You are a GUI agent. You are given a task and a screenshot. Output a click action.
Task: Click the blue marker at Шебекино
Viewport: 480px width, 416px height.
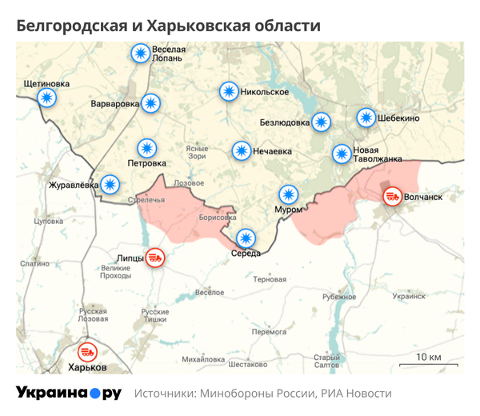pos(366,118)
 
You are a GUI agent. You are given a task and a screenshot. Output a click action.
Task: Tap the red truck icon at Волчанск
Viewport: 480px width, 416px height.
pos(392,196)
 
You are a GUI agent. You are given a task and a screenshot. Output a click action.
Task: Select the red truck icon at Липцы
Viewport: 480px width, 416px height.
pos(156,258)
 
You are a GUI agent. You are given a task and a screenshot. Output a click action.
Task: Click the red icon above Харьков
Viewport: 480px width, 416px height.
pos(87,351)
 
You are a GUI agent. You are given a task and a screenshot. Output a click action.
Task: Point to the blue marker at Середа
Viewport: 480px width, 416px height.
pos(246,238)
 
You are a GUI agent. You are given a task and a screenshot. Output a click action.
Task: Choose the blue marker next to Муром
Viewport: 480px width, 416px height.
pos(287,194)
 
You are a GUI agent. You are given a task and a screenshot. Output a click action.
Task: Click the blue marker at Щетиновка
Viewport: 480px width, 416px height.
pos(46,98)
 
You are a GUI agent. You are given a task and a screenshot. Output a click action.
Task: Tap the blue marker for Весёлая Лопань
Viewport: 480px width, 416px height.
pos(141,54)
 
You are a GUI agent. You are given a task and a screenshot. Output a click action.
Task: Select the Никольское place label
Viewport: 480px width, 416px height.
pos(265,92)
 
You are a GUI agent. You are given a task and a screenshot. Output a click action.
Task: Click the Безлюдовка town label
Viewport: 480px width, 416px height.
pos(284,122)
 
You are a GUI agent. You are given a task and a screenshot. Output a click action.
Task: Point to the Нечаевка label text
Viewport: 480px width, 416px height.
pos(273,150)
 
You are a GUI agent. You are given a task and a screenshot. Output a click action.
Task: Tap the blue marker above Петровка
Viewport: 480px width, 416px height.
pos(146,148)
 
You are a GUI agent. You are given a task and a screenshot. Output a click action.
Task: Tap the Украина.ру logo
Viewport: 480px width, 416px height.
pos(69,393)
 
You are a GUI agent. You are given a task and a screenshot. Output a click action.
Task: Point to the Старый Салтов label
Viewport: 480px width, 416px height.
pos(327,362)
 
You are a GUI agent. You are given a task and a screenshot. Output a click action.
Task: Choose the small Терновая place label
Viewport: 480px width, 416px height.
pos(270,280)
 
